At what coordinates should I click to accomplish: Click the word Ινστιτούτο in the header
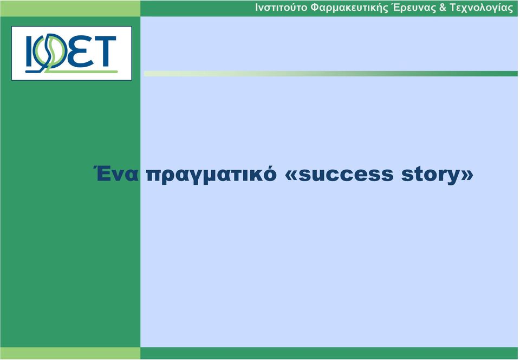click(x=281, y=7)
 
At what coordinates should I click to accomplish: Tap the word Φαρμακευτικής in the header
click(x=349, y=8)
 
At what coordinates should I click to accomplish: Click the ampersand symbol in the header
click(x=443, y=7)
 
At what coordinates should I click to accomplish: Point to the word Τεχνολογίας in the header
click(x=481, y=8)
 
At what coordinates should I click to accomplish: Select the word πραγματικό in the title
click(x=211, y=175)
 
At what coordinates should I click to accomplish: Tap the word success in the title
click(x=346, y=175)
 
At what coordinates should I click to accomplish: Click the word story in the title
click(x=430, y=175)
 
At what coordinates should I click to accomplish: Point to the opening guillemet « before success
click(x=291, y=175)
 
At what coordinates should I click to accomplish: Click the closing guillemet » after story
click(x=466, y=175)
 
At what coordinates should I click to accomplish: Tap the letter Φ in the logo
click(x=51, y=52)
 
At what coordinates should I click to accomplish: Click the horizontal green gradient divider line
click(x=330, y=73)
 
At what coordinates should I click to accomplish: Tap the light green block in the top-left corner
click(x=70, y=8)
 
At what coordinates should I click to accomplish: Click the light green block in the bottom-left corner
click(x=70, y=353)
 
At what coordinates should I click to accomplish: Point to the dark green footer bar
click(x=329, y=353)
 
